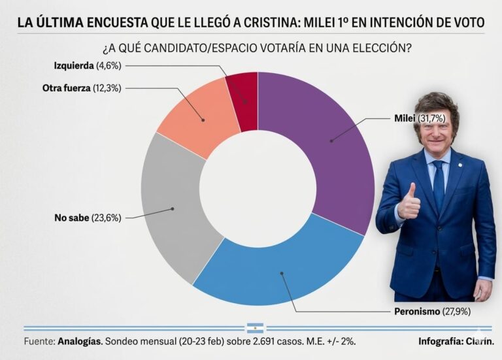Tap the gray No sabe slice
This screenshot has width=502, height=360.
click(173, 209)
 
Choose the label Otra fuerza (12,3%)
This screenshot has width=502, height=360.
click(82, 88)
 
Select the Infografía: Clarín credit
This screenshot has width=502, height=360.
click(456, 342)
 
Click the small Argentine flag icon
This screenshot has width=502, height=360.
click(254, 327)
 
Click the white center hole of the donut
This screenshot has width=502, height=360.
click(258, 189)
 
